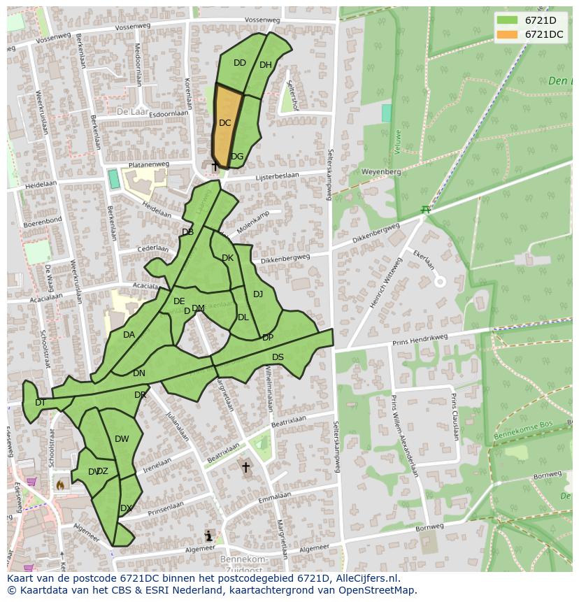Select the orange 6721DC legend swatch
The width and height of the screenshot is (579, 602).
pyautogui.click(x=508, y=34)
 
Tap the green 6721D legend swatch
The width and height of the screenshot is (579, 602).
pyautogui.click(x=508, y=20)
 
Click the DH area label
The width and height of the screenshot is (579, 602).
pyautogui.click(x=266, y=65)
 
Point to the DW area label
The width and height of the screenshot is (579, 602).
pyautogui.click(x=122, y=439)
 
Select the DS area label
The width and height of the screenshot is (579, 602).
pyautogui.click(x=278, y=357)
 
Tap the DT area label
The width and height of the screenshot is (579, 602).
pyautogui.click(x=41, y=402)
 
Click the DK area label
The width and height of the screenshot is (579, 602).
pyautogui.click(x=227, y=258)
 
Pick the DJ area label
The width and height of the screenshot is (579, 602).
pyautogui.click(x=258, y=294)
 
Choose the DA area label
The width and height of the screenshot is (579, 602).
pyautogui.click(x=129, y=335)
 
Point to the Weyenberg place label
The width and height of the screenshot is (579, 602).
pyautogui.click(x=381, y=171)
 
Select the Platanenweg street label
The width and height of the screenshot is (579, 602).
pyautogui.click(x=145, y=165)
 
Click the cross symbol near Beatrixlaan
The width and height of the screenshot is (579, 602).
pyautogui.click(x=245, y=467)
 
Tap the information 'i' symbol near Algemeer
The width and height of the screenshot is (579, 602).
pyautogui.click(x=208, y=536)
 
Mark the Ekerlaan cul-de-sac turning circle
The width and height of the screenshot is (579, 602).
pyautogui.click(x=440, y=282)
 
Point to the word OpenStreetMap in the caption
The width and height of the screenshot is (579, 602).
pyautogui.click(x=378, y=590)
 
